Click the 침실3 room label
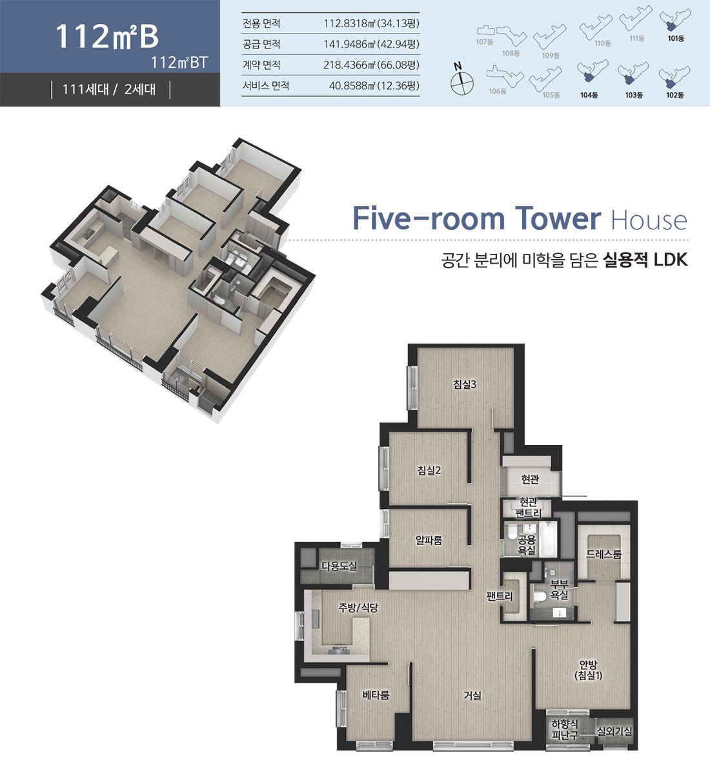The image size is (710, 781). tap(464, 384)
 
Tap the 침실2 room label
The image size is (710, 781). tap(429, 470)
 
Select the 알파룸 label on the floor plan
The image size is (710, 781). tap(429, 540)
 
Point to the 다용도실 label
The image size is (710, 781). tap(339, 566)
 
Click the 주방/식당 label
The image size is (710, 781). tap(358, 607)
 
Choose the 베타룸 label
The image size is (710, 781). tap(376, 695)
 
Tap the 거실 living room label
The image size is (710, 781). tap(472, 695)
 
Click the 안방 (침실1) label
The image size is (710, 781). tap(588, 670)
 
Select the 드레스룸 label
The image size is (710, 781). tap(603, 554)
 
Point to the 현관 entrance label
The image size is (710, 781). tap(530, 479)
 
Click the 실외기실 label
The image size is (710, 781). tap(614, 731)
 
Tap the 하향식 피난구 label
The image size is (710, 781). tap(565, 730)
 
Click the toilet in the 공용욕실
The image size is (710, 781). tap(512, 534)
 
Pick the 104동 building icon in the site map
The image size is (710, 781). tap(589, 75)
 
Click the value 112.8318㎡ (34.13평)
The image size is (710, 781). tap(371, 23)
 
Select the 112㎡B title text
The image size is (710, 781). tap(107, 36)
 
